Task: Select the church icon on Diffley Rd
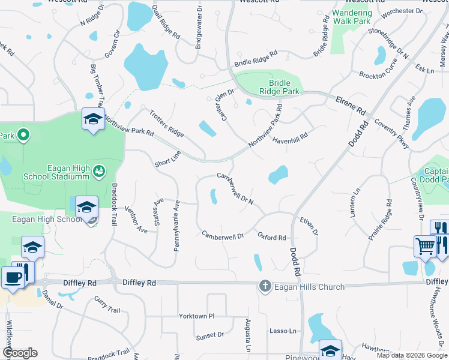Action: coord(265,287)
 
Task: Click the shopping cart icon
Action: coord(425,246)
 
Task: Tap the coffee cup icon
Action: coord(12,277)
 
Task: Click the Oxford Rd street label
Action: coord(272,238)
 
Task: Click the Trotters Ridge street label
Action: coord(166,123)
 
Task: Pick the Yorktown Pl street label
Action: coord(196,316)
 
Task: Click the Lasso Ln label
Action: coord(283,331)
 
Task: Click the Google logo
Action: coord(20,353)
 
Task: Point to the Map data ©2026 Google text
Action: coord(412,355)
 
